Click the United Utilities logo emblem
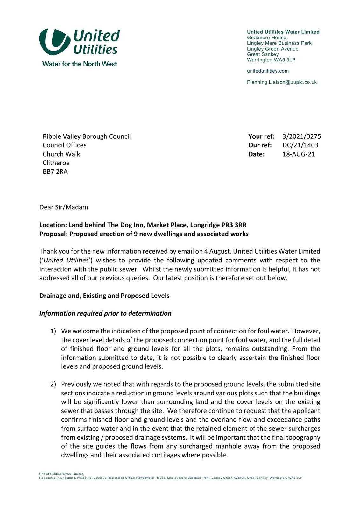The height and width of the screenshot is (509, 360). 54,42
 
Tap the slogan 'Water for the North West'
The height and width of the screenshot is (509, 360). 80,64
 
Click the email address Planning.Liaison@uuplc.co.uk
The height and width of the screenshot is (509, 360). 282,82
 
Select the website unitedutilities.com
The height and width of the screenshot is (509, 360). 268,71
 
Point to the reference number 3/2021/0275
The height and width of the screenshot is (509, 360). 301,136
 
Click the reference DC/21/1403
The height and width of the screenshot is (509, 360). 300,145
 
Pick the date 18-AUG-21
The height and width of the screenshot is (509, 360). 299,154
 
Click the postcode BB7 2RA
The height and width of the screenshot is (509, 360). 55,172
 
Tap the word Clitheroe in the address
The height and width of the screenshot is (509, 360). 56,163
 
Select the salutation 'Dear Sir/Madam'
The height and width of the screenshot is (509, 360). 64,207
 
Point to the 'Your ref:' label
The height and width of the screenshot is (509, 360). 261,136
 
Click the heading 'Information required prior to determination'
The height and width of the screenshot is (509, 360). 105,313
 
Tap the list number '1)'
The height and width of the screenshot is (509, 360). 53,331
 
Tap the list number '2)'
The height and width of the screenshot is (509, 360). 53,384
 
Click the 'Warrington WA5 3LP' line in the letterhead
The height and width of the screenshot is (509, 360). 271,60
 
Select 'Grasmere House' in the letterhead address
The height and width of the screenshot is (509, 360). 266,38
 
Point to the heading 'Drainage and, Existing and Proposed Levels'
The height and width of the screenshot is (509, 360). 104,296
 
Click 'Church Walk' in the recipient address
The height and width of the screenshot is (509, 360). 61,154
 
